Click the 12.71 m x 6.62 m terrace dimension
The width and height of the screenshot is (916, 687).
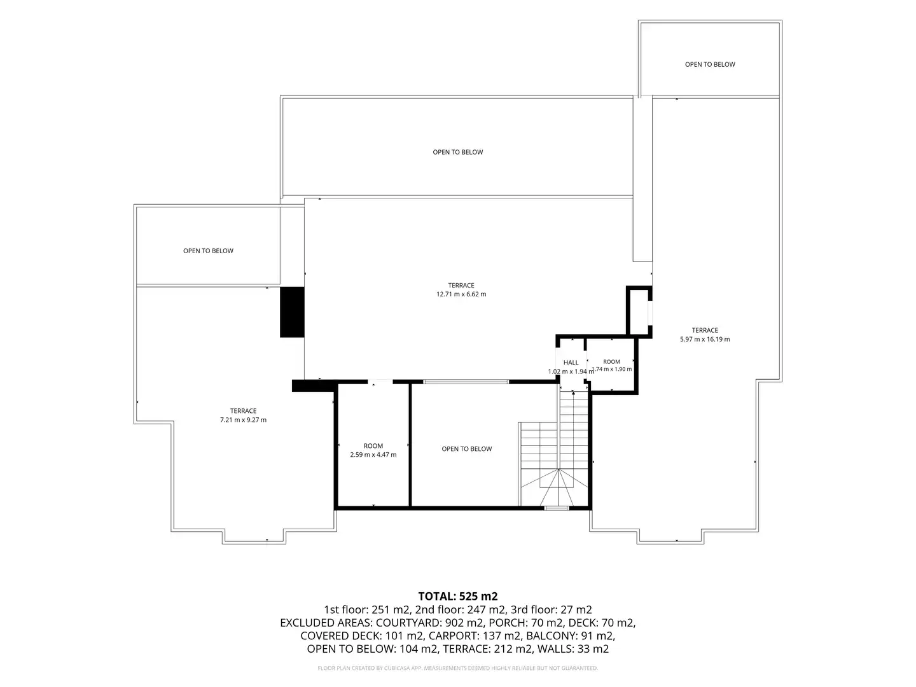[x=461, y=294]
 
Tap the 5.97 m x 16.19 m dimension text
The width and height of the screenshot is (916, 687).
[x=705, y=339]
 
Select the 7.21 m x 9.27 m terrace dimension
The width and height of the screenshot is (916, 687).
[x=243, y=420]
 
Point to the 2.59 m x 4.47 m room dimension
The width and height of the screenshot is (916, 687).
[x=373, y=455]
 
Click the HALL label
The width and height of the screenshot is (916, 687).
[x=571, y=363]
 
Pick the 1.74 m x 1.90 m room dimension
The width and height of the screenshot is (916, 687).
[x=612, y=369]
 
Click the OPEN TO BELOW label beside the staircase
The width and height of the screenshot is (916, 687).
[x=466, y=449]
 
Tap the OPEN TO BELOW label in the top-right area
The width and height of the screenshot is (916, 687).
[x=710, y=64]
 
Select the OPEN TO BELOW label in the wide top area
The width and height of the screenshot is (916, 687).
[x=458, y=152]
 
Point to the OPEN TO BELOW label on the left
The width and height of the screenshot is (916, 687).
[x=208, y=251]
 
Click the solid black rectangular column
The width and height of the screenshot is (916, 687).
[x=292, y=312]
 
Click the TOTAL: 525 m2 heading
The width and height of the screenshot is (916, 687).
[x=458, y=597]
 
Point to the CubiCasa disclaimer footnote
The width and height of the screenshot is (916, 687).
[x=458, y=668]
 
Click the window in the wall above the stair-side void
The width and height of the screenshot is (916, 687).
[x=466, y=382]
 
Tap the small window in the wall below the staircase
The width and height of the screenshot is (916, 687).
[x=557, y=508]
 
